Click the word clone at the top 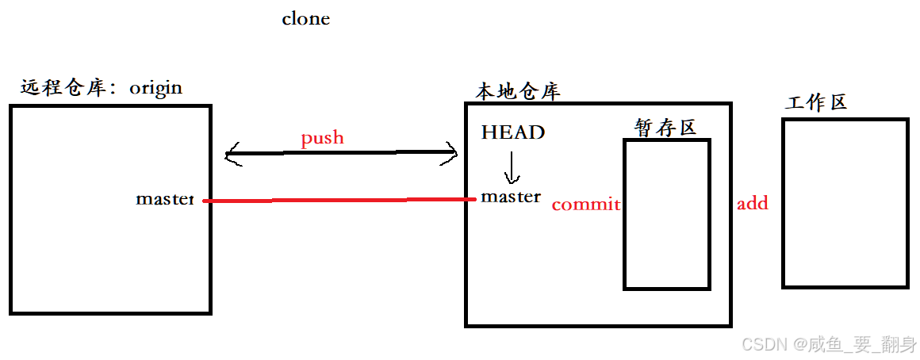pyautogui.click(x=305, y=19)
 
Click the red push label pyautogui.click(x=322, y=138)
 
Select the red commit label pyautogui.click(x=585, y=205)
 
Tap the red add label pyautogui.click(x=752, y=204)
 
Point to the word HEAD pyautogui.click(x=513, y=132)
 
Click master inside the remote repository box pyautogui.click(x=164, y=199)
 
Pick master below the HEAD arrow pyautogui.click(x=511, y=197)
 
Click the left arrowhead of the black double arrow pyautogui.click(x=232, y=154)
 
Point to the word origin pyautogui.click(x=155, y=87)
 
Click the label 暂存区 pyautogui.click(x=665, y=127)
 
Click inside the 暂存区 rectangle pyautogui.click(x=666, y=214)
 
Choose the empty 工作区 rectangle pyautogui.click(x=844, y=203)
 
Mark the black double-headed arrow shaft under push pyautogui.click(x=341, y=153)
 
